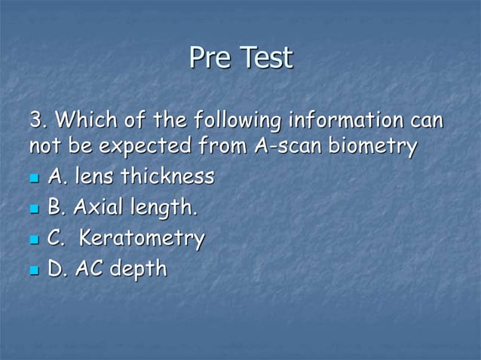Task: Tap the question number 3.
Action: tap(38, 120)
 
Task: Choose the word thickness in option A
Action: tap(167, 178)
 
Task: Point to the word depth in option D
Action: tap(138, 270)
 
